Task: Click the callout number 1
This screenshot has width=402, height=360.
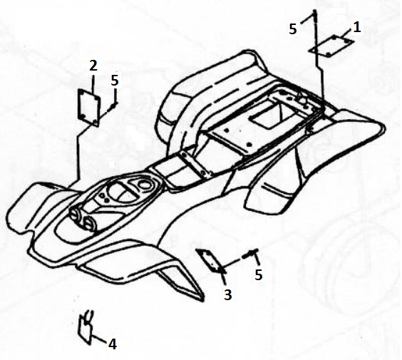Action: (x=357, y=27)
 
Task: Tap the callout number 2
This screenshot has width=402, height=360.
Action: (x=93, y=66)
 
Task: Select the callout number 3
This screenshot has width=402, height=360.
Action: (x=227, y=294)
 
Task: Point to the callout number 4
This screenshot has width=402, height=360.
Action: (x=113, y=344)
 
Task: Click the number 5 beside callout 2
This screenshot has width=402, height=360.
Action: (x=115, y=81)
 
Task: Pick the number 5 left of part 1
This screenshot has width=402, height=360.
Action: (x=293, y=29)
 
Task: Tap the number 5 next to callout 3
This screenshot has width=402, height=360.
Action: (x=259, y=274)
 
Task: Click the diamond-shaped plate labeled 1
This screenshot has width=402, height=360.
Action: (x=331, y=46)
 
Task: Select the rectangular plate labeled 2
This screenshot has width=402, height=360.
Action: (x=88, y=108)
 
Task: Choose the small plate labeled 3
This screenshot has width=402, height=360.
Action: (x=210, y=260)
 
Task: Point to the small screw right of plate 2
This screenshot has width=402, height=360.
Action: (x=113, y=105)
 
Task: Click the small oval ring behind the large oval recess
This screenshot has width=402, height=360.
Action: (x=143, y=183)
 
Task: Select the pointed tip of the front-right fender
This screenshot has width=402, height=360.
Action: (x=202, y=301)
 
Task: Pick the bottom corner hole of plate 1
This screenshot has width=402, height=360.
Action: (x=329, y=54)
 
